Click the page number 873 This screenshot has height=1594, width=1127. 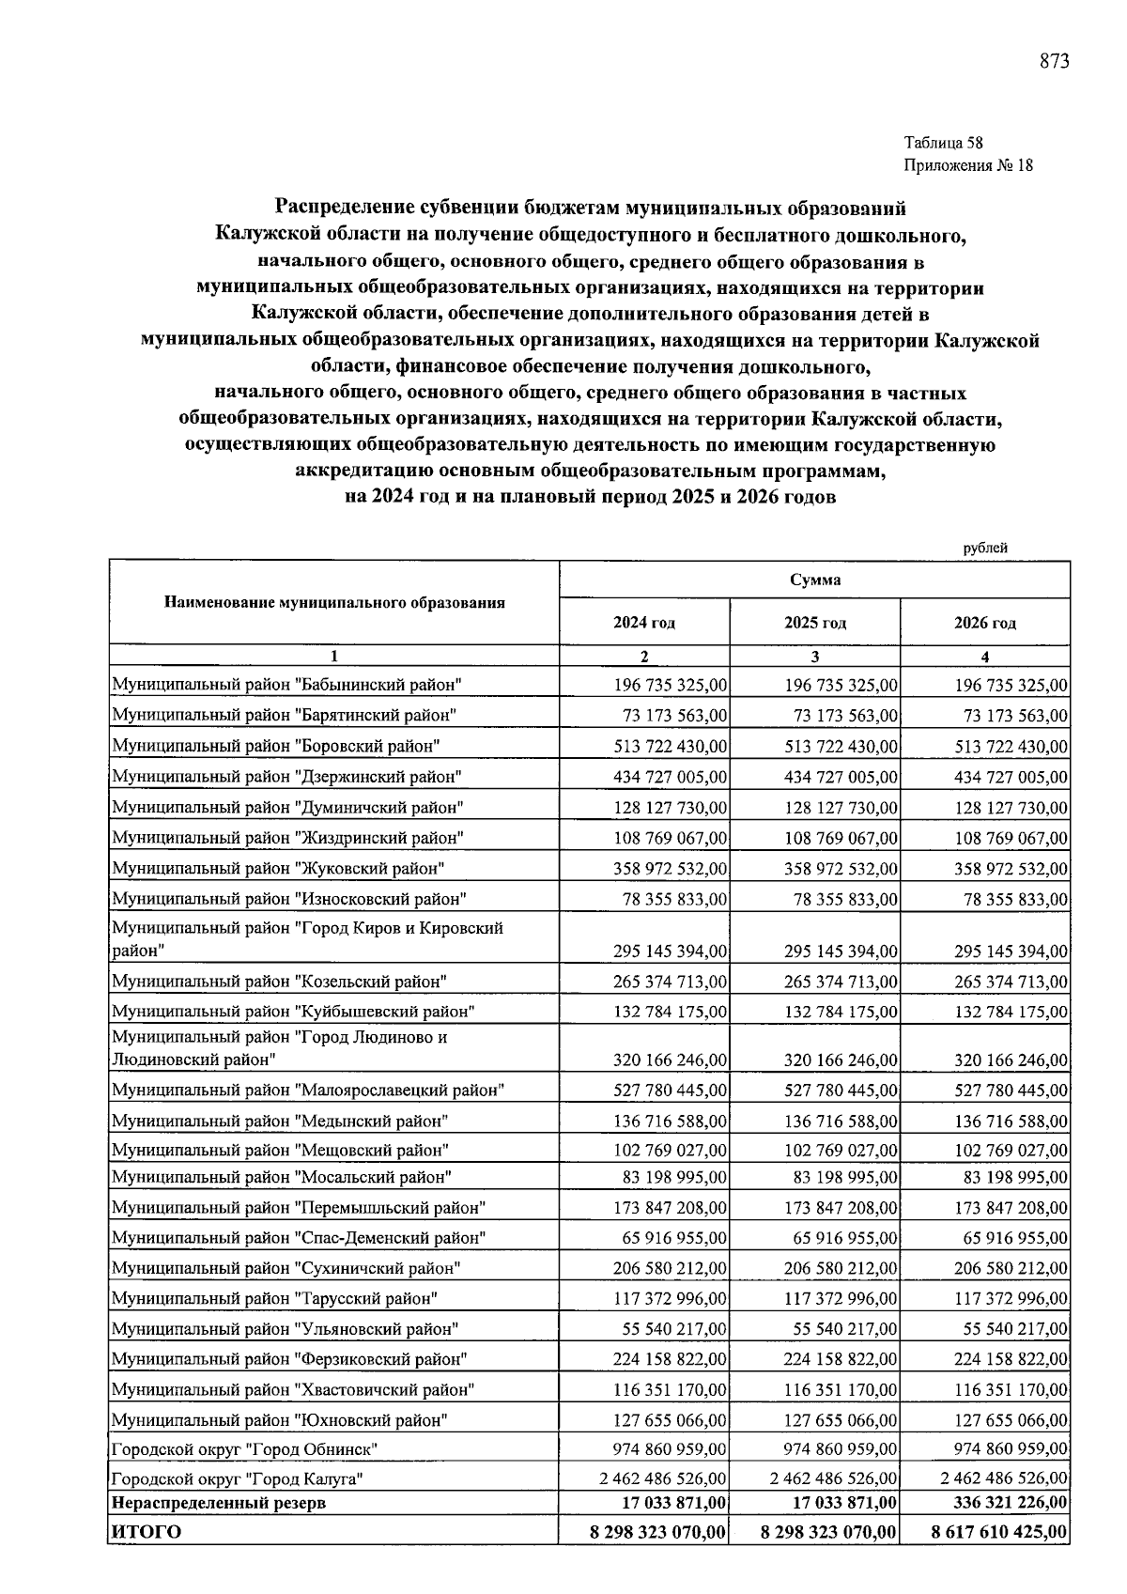click(1054, 62)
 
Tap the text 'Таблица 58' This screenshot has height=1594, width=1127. click(943, 144)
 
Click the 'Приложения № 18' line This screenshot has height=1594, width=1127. click(967, 166)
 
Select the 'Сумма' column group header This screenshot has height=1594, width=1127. click(814, 580)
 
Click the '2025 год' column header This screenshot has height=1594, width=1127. click(814, 623)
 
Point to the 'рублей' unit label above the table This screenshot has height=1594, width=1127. click(985, 548)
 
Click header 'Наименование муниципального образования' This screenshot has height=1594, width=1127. click(334, 603)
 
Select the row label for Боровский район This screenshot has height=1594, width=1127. click(276, 746)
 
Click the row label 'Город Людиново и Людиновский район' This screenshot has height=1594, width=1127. click(280, 1048)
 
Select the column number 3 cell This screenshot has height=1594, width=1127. click(814, 657)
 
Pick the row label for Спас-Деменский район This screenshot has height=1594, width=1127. click(299, 1238)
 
